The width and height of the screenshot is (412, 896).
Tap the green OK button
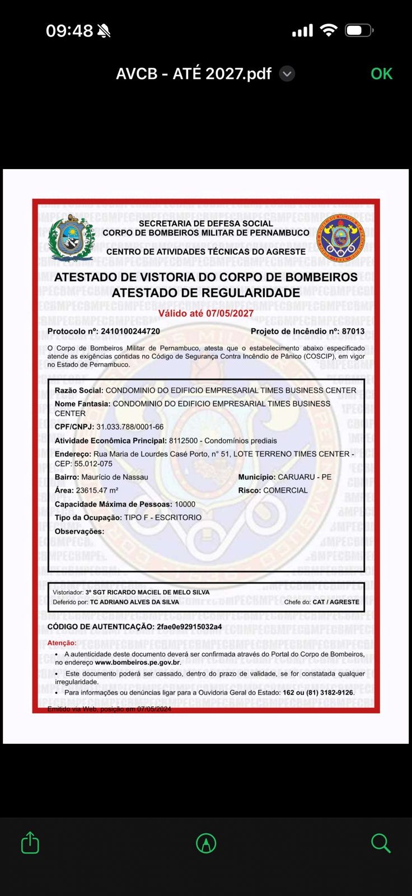pos(381,74)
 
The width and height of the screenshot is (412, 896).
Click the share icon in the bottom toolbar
pos(30,843)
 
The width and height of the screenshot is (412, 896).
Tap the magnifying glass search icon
pos(381,843)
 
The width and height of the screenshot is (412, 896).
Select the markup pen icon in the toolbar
pos(206,843)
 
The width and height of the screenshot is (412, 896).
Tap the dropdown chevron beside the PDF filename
pos(287,74)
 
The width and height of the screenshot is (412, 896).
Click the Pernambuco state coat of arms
pos(72,239)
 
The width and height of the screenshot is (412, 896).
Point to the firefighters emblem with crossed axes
pos(340,238)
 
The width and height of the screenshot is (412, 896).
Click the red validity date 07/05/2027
pos(230,314)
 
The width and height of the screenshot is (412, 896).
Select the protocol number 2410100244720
pos(130,332)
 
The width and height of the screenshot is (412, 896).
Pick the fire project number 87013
pos(353,332)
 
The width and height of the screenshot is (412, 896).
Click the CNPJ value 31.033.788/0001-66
pos(130,427)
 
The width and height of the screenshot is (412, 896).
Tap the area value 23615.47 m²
pos(97,491)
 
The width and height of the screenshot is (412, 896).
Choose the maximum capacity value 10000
pos(185,504)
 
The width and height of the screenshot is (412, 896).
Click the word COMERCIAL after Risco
pos(285,491)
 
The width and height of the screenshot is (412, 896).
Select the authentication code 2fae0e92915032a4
pos(189,627)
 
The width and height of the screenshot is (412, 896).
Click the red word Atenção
pos(62,643)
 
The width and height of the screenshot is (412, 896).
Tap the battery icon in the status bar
pos(359,30)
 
